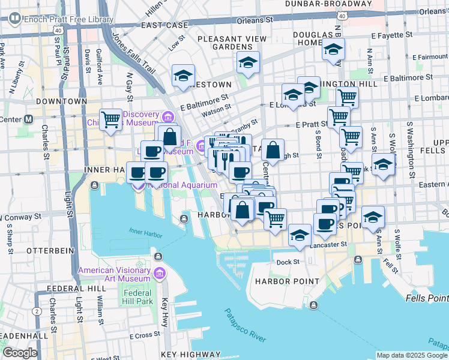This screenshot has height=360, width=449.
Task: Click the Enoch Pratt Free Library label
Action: pyautogui.click(x=68, y=19)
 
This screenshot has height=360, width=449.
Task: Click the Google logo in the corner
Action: pyautogui.click(x=20, y=352)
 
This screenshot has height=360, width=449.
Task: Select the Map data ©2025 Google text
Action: pyautogui.click(x=412, y=355)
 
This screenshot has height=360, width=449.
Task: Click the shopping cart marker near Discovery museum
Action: pyautogui.click(x=110, y=119)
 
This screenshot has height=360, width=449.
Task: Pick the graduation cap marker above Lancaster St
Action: pyautogui.click(x=299, y=235)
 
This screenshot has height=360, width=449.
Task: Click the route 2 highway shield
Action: pyautogui.click(x=37, y=311)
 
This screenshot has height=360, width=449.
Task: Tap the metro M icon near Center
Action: pyautogui.click(x=28, y=119)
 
